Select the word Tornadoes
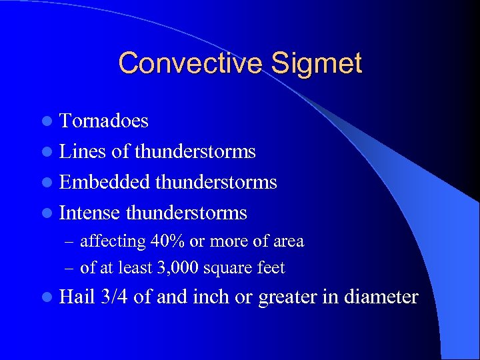(x=103, y=121)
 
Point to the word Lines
(x=82, y=151)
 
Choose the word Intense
(x=90, y=213)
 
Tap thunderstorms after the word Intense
(x=186, y=213)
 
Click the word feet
(x=272, y=267)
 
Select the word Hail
(x=77, y=297)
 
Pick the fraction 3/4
(x=115, y=297)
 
